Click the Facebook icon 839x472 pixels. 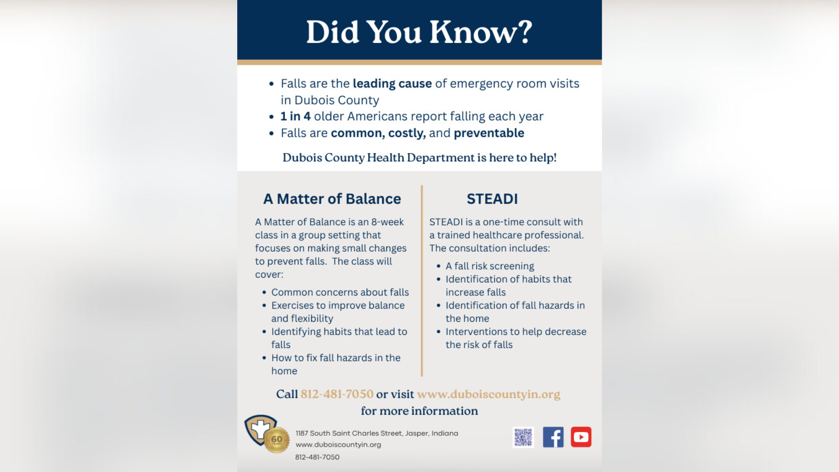[x=553, y=437]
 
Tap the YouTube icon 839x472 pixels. [x=581, y=437]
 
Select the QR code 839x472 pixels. [x=523, y=437]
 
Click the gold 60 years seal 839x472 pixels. [x=277, y=440]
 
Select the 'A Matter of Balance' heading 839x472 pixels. [x=332, y=199]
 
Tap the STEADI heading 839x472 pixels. [x=492, y=199]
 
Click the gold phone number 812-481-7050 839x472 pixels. [x=337, y=394]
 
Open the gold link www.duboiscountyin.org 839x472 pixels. [x=489, y=394]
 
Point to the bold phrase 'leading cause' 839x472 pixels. [x=392, y=83]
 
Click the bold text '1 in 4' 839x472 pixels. [x=295, y=116]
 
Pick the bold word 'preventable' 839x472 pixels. [x=489, y=133]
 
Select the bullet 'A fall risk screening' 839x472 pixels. [x=489, y=266]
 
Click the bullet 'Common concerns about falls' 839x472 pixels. [x=340, y=292]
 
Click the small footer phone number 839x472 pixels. [x=317, y=457]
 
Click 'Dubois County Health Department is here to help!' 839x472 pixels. [x=419, y=157]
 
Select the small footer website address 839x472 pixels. [x=338, y=444]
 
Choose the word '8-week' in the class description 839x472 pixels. [x=387, y=222]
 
